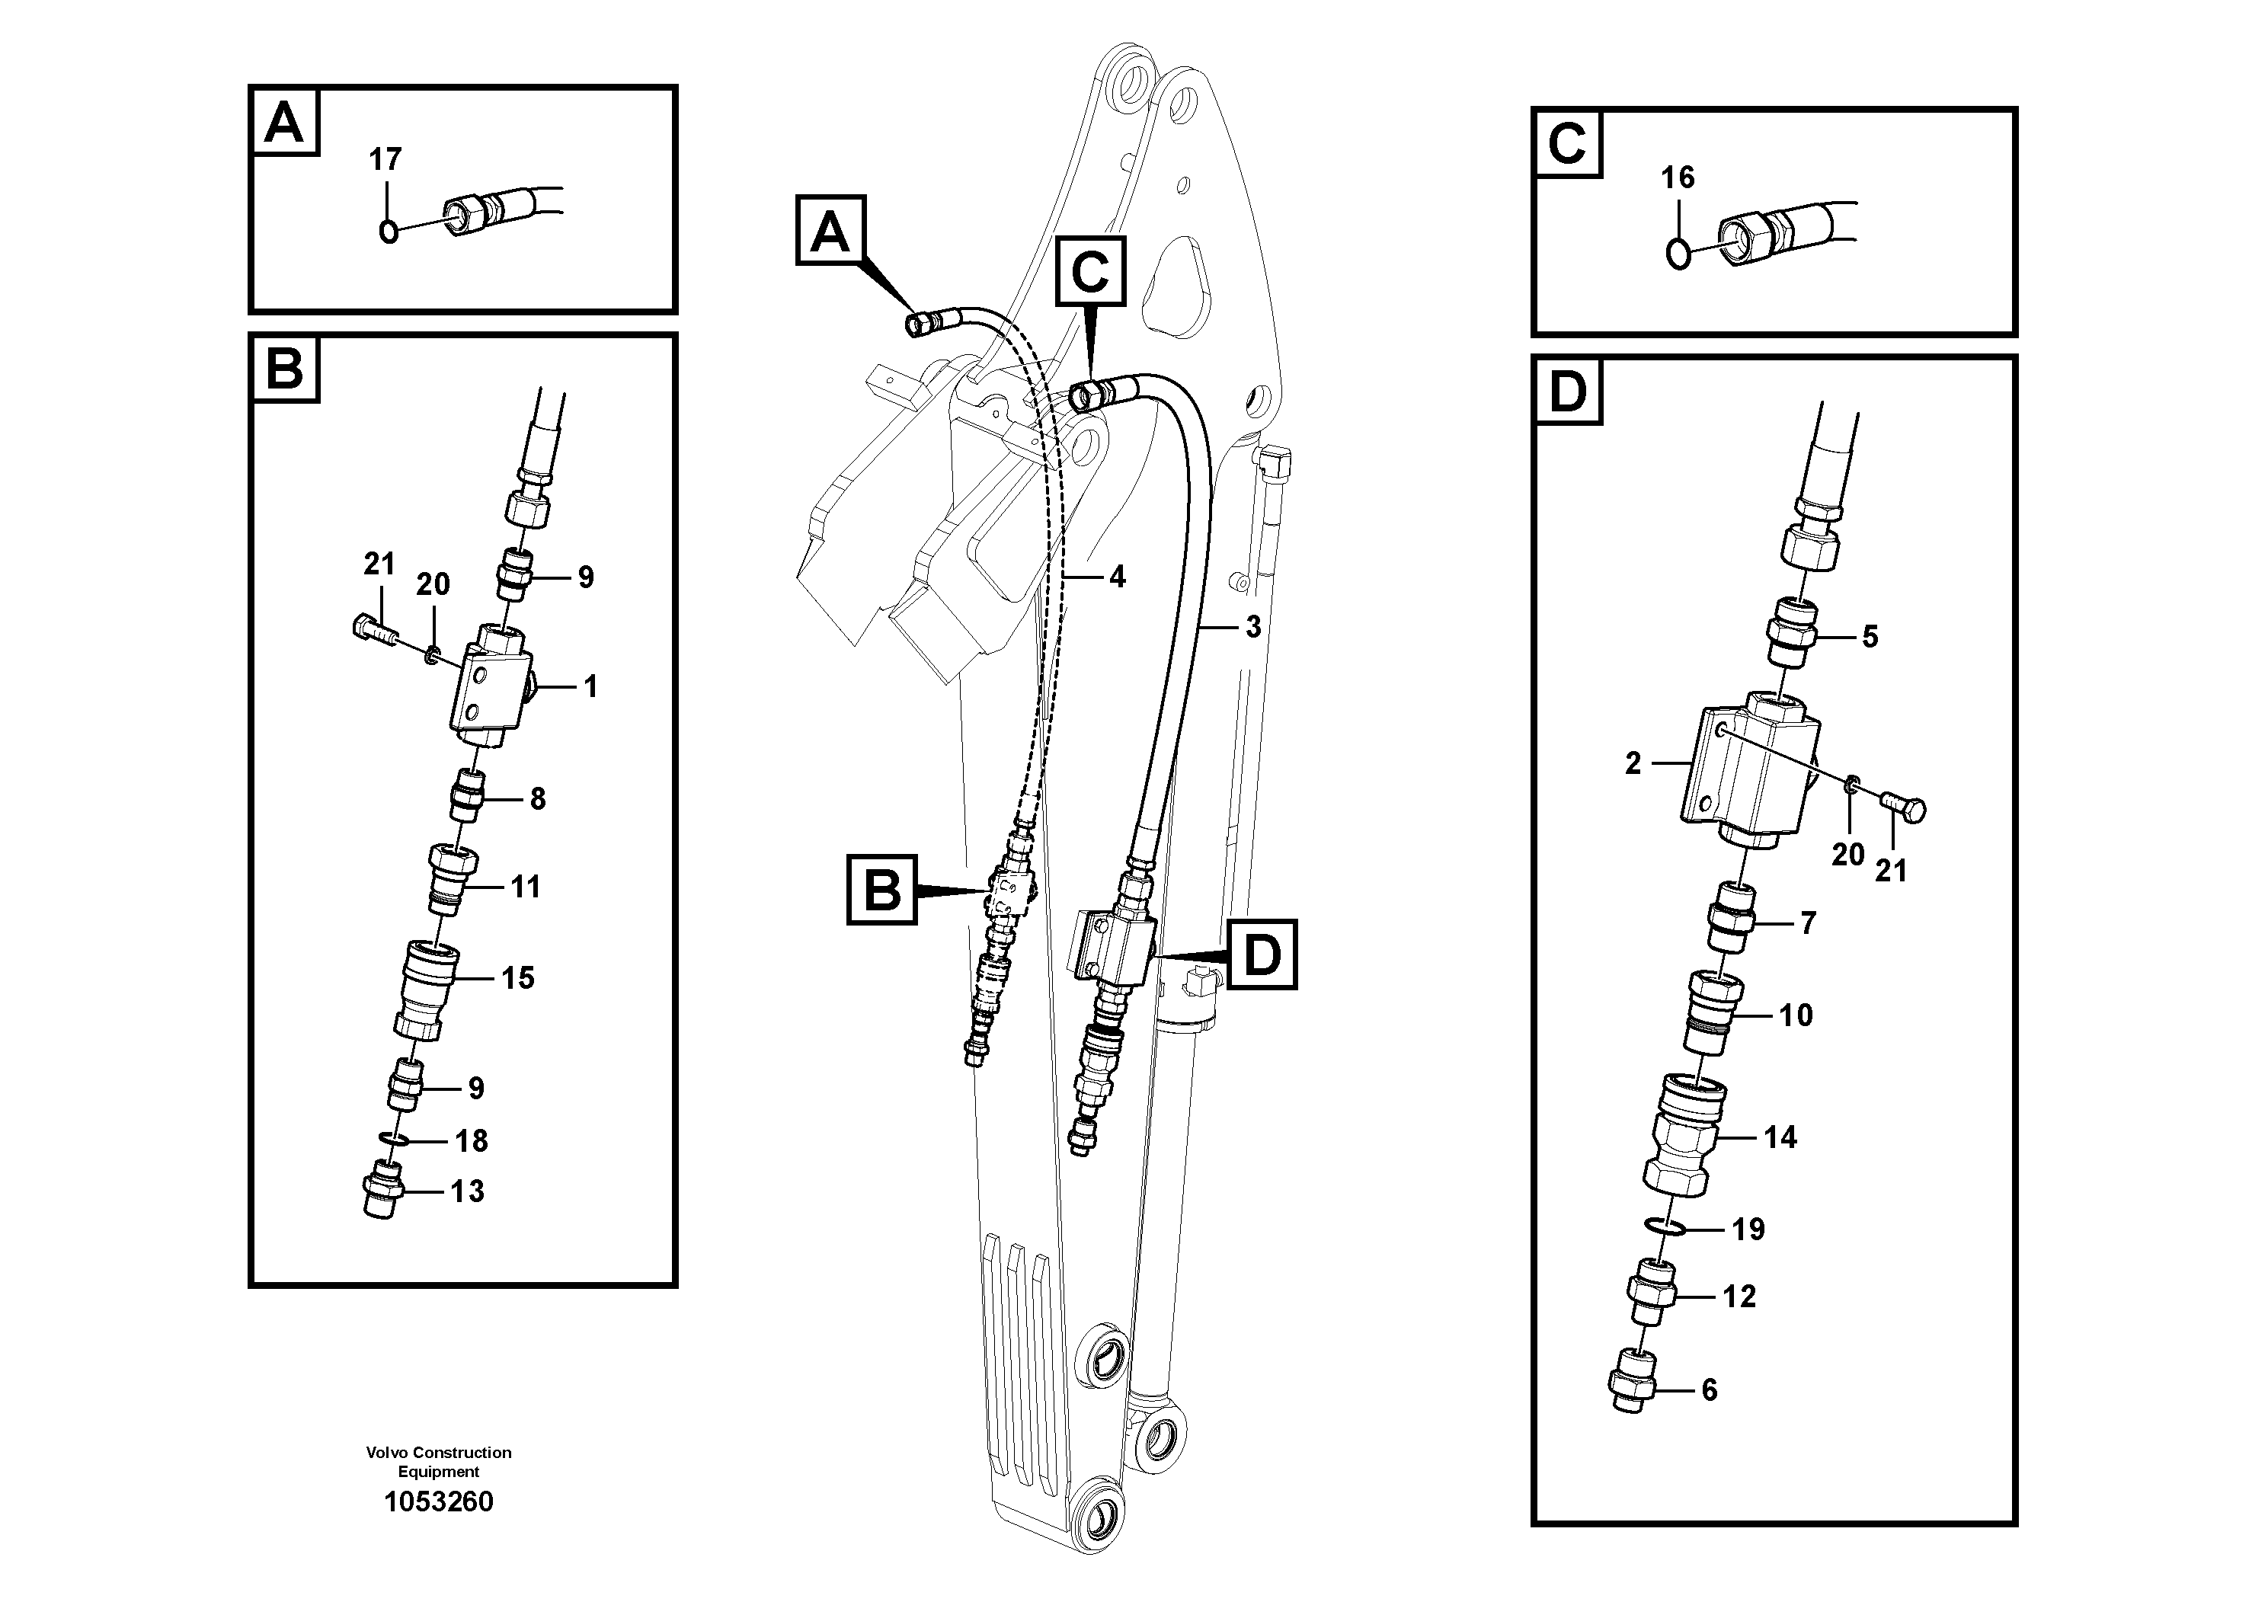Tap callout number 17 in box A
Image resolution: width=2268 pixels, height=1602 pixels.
click(385, 159)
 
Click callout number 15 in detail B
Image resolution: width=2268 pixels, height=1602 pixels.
click(517, 978)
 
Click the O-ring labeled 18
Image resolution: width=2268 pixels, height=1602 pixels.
click(395, 1141)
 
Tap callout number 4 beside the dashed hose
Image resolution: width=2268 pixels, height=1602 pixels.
click(1116, 577)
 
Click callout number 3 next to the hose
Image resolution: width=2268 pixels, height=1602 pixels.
click(1252, 626)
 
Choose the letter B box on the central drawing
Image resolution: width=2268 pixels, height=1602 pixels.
click(881, 890)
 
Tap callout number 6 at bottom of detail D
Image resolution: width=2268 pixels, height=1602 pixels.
click(1709, 1391)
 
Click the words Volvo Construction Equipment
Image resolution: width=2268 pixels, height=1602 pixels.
click(439, 1461)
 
